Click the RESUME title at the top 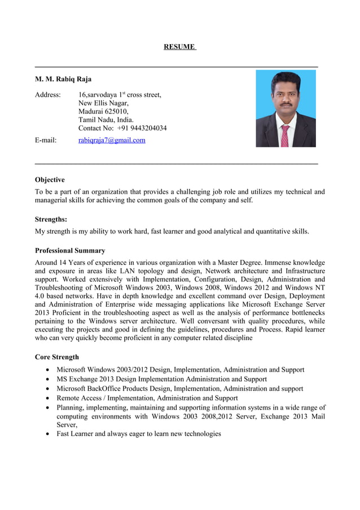179,46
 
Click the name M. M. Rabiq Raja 63,79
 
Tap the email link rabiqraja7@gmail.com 112,140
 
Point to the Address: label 48,94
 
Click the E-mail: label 46,140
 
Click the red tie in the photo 285,136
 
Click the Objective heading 50,180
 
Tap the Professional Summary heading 70,250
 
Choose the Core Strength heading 57,357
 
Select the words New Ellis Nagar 103,103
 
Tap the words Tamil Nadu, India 106,120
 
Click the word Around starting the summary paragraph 47,263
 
